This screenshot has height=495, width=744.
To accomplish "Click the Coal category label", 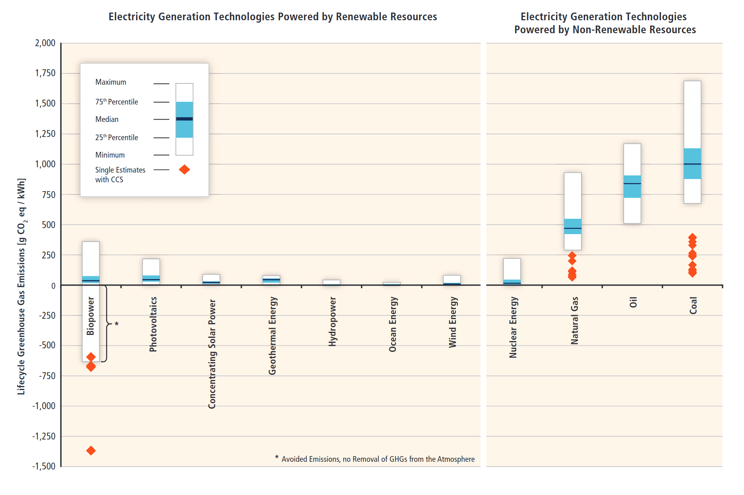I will [x=693, y=305].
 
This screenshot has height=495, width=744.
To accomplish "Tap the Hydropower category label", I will [x=333, y=322].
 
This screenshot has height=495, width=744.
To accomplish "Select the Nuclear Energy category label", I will [x=513, y=327].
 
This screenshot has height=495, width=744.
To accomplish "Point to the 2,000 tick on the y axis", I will [x=45, y=43].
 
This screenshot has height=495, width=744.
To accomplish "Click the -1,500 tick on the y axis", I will [x=44, y=466].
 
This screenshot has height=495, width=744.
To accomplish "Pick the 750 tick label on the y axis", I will [x=48, y=194].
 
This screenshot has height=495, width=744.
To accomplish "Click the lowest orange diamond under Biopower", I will [x=91, y=450].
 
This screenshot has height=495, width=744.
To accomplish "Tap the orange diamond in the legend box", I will [x=184, y=169].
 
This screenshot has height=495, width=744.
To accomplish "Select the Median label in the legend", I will [x=107, y=119].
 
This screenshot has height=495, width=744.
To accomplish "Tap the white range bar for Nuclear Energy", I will [x=512, y=269].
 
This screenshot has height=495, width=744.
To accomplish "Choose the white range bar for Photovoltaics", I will [x=151, y=267].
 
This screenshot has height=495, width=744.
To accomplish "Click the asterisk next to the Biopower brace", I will [x=117, y=324].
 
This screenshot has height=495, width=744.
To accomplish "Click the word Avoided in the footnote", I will [x=295, y=459].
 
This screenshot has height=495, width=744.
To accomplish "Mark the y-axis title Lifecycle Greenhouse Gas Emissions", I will [x=21, y=286].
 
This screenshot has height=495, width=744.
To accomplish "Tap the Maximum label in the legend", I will [x=111, y=82].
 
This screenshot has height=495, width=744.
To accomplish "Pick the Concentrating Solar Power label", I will [x=212, y=354].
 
